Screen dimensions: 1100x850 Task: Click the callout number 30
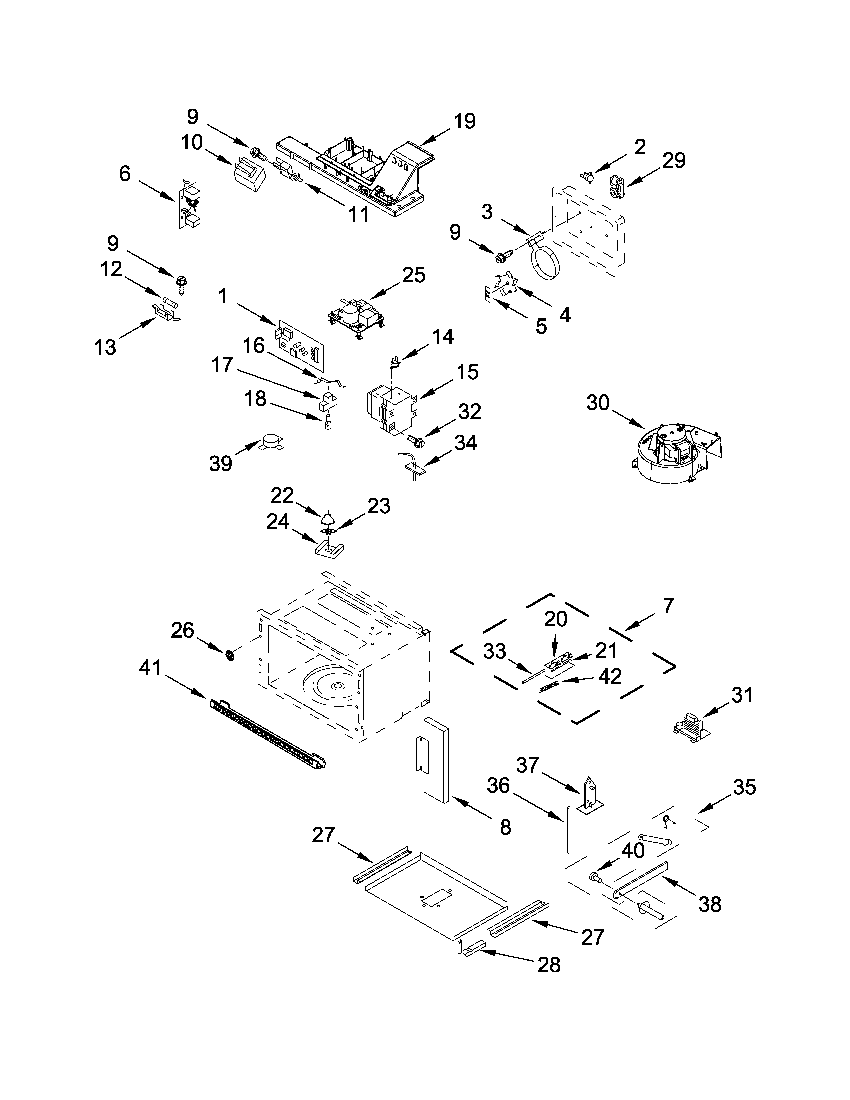598,403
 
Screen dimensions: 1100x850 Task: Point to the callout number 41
150,668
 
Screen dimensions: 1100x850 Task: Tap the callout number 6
124,174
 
